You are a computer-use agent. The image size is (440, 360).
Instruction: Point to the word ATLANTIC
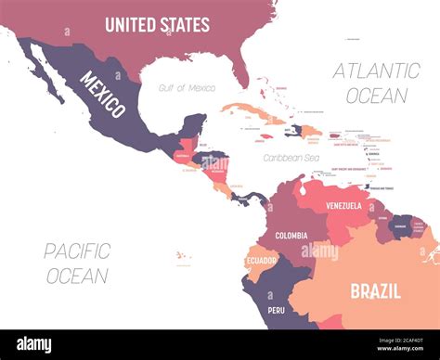376,71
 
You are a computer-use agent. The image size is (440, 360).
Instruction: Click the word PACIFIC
77,251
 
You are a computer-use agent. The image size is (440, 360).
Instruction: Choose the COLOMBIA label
291,235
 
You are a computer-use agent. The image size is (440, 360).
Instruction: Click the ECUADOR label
261,261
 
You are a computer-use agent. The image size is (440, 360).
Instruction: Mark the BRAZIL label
375,290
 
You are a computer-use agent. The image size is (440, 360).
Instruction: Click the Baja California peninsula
45,78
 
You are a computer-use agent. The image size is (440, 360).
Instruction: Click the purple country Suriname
401,225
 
